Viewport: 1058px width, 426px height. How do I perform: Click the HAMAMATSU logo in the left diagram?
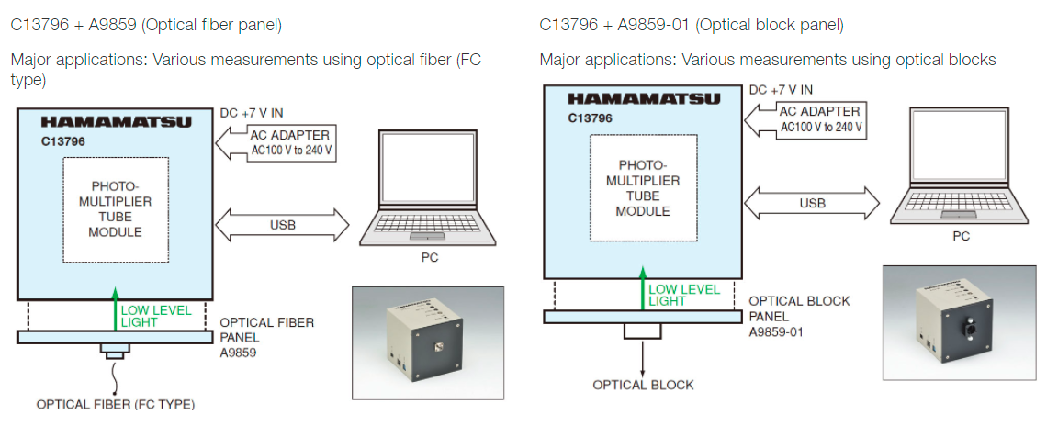[x=116, y=121]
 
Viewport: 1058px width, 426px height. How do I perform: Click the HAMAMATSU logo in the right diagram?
[x=641, y=98]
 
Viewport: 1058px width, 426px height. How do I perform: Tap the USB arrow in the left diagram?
[x=283, y=224]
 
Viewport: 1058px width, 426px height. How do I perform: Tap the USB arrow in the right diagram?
[x=812, y=203]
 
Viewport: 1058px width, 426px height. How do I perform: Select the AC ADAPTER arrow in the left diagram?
[x=276, y=142]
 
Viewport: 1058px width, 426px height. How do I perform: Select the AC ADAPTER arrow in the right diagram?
[x=805, y=120]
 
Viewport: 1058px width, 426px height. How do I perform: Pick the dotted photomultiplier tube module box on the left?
[x=116, y=209]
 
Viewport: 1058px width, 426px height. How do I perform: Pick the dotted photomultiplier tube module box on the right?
[x=642, y=188]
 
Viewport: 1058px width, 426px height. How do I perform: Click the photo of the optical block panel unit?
[x=958, y=323]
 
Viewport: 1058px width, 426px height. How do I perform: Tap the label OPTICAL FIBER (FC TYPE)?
[x=115, y=404]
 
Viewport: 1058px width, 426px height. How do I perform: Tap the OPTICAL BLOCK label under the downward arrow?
[x=643, y=385]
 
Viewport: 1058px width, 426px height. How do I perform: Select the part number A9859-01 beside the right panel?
[x=777, y=331]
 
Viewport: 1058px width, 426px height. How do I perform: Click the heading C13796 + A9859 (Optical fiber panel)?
[x=146, y=25]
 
